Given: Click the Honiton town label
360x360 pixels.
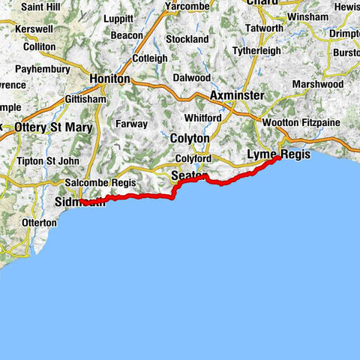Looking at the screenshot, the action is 109,79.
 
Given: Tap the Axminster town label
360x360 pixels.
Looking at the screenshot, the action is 237,96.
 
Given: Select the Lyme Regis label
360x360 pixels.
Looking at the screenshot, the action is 274,154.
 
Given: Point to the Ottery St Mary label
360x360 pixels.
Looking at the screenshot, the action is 53,127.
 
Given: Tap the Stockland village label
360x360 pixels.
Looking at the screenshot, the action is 187,38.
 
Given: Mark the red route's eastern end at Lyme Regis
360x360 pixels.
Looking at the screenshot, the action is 280,157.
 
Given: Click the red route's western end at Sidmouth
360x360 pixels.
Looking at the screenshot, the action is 81,202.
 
